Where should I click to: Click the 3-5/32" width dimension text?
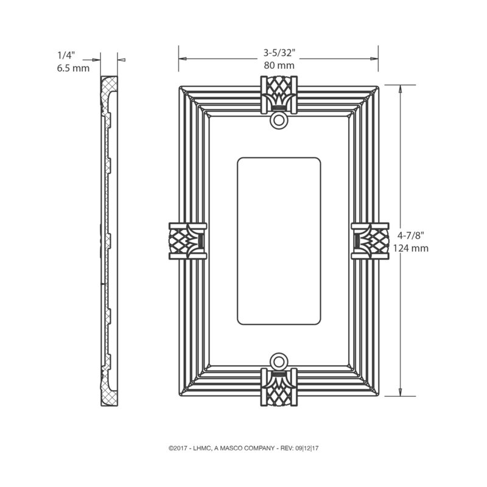click(279, 53)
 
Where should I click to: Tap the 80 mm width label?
click(279, 65)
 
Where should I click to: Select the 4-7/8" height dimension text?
click(410, 236)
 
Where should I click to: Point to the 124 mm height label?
click(410, 248)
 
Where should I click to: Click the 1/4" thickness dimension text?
click(66, 55)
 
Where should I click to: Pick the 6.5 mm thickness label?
click(73, 68)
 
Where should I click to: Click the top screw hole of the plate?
click(279, 120)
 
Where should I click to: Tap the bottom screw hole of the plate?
click(279, 361)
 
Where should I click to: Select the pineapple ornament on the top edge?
click(279, 94)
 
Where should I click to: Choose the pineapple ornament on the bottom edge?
click(279, 387)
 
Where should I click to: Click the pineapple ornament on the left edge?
click(187, 240)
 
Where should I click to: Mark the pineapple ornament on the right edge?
click(370, 240)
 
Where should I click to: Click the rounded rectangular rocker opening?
click(279, 241)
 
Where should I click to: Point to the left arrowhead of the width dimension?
click(183, 58)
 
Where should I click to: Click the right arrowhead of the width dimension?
click(374, 58)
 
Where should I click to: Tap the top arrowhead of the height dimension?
click(401, 89)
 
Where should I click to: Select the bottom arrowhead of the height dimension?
click(401, 392)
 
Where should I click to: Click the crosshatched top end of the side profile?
click(109, 84)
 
